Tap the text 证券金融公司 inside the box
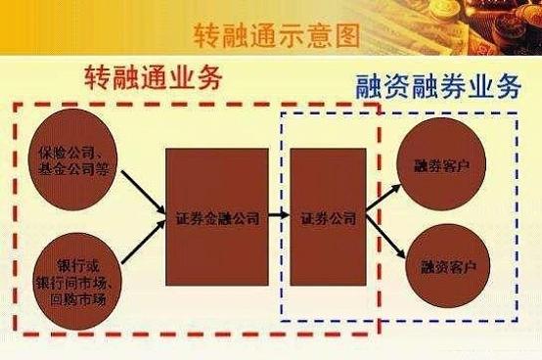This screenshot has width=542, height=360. [x=217, y=218]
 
